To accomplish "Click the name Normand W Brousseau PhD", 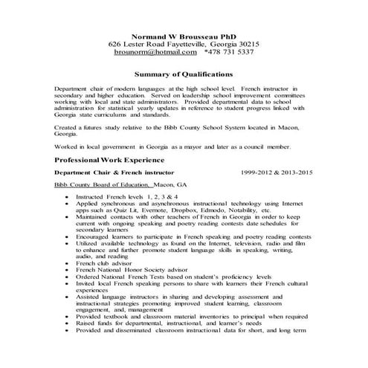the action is tap(184, 36).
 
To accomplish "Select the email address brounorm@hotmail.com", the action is tap(158, 53).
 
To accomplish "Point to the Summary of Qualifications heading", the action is tap(184, 74).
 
